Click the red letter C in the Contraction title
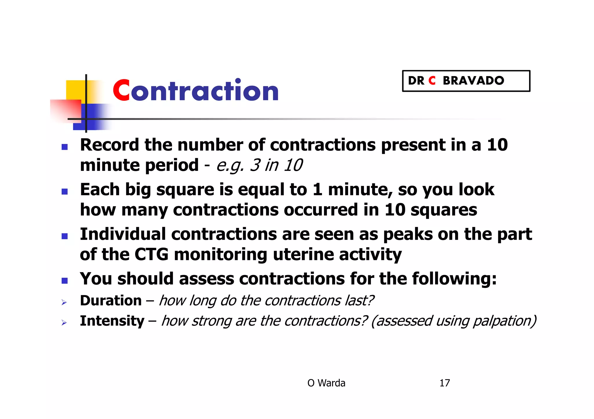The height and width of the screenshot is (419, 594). pyautogui.click(x=121, y=91)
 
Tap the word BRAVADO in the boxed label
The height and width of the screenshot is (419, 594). pyautogui.click(x=473, y=81)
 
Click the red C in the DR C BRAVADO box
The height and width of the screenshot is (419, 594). pyautogui.click(x=432, y=81)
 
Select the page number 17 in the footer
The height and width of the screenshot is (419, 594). pyautogui.click(x=445, y=383)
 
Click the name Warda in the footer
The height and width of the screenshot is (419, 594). pyautogui.click(x=331, y=383)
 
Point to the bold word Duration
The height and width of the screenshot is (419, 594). pyautogui.click(x=111, y=301)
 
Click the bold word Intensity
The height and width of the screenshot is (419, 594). pyautogui.click(x=112, y=321)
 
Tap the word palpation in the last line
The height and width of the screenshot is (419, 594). pyautogui.click(x=504, y=321)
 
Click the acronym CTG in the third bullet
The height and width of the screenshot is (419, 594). pyautogui.click(x=151, y=255)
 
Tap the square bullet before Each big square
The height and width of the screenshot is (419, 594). pyautogui.click(x=65, y=191)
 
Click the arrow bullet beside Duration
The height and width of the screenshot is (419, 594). pyautogui.click(x=64, y=303)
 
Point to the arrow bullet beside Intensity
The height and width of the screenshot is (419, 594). pyautogui.click(x=64, y=323)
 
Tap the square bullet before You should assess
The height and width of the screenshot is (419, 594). pyautogui.click(x=65, y=281)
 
